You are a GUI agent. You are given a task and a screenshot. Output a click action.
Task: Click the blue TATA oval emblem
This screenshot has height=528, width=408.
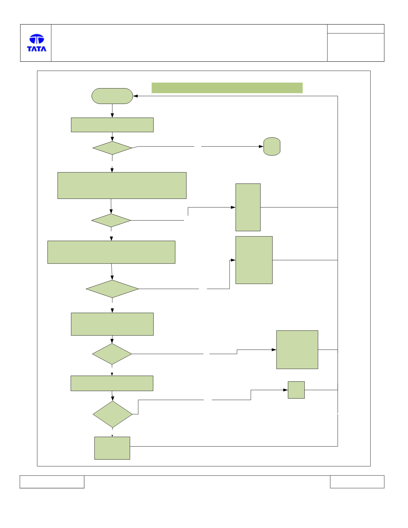(x=37, y=39)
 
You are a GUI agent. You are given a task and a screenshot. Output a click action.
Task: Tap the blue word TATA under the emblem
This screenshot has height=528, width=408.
(x=37, y=49)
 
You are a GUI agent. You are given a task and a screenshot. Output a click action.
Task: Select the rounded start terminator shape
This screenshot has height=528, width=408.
(x=112, y=96)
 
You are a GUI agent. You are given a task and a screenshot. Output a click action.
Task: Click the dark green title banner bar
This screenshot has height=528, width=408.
(x=227, y=88)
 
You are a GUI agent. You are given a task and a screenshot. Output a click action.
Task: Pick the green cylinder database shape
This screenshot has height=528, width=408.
(x=272, y=146)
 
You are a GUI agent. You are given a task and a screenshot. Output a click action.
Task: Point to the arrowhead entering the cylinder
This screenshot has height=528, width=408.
(x=261, y=146)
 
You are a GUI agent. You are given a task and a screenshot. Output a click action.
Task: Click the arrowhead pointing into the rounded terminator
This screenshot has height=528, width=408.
(x=135, y=96)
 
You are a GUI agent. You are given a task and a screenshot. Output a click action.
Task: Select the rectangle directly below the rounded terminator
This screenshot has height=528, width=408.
(x=112, y=125)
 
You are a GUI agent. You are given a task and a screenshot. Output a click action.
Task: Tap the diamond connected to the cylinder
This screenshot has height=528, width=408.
(x=112, y=148)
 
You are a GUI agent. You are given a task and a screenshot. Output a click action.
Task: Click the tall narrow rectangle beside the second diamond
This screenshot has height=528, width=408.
(x=248, y=207)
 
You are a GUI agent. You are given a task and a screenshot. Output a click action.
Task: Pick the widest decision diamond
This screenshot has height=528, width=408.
(x=112, y=289)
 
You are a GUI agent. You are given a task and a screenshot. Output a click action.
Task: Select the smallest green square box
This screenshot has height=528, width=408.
(x=296, y=390)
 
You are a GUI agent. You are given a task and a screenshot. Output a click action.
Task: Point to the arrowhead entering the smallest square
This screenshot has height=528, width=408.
(x=286, y=390)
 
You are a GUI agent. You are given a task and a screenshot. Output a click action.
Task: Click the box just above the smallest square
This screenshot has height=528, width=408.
(x=297, y=350)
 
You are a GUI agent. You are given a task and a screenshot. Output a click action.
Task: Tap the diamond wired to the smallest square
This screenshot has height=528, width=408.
(x=113, y=414)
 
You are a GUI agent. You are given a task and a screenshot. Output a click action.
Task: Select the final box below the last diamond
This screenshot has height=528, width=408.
(x=112, y=448)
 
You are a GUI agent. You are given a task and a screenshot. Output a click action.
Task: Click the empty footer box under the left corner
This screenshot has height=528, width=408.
(x=52, y=482)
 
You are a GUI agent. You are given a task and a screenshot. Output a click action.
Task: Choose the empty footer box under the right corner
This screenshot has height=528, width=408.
(x=357, y=482)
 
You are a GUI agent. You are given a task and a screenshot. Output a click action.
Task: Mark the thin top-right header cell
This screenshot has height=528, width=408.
(x=356, y=29)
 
